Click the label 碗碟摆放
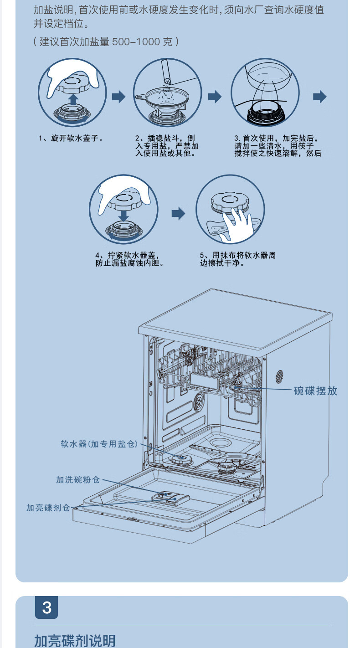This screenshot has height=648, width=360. pyautogui.click(x=315, y=391)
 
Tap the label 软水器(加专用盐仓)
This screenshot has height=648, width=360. pyautogui.click(x=99, y=443)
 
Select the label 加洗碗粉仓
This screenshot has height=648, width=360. pyautogui.click(x=77, y=479)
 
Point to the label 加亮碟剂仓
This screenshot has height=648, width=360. pyautogui.click(x=48, y=508)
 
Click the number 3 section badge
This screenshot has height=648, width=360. pyautogui.click(x=46, y=607)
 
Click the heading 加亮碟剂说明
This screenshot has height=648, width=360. pyautogui.click(x=75, y=641)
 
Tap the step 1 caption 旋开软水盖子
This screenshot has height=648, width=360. pyautogui.click(x=70, y=138)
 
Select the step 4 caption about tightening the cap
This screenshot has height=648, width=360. pyautogui.click(x=129, y=259)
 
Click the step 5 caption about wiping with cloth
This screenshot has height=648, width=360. pyautogui.click(x=237, y=259)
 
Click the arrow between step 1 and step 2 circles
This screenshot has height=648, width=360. pyautogui.click(x=118, y=97)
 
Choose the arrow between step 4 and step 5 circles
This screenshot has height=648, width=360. pyautogui.click(x=178, y=213)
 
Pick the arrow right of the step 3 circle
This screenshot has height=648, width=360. pyautogui.click(x=320, y=97)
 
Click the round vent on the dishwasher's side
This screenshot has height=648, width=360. pyautogui.click(x=279, y=376)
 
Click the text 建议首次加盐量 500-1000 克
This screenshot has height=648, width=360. pyautogui.click(x=106, y=42)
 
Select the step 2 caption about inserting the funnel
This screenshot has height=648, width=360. pyautogui.click(x=167, y=146)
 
